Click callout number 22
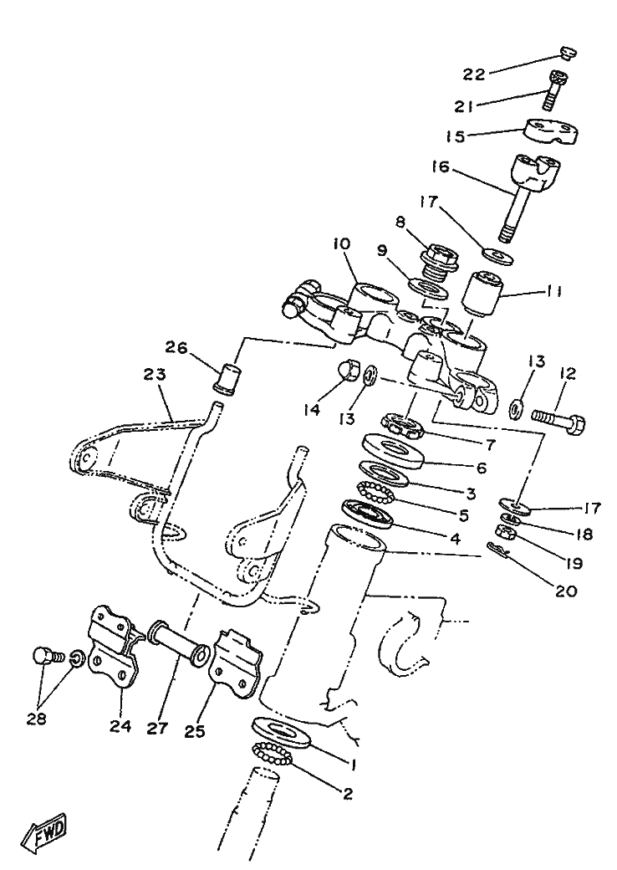(475, 74)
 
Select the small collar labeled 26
(228, 371)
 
